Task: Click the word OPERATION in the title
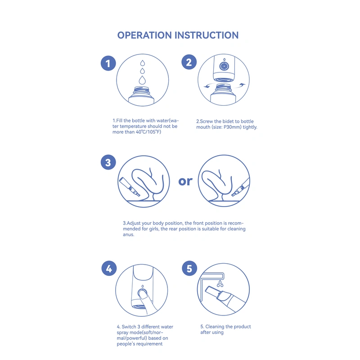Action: pos(144,35)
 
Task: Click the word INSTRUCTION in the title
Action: pos(207,35)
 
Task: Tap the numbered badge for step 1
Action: pos(108,63)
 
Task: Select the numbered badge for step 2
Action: pos(189,62)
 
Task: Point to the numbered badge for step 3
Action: pos(108,162)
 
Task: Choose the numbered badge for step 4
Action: pos(109,268)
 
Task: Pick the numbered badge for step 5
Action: pos(189,268)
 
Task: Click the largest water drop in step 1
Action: pos(142,81)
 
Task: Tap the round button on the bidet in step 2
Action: pos(224,66)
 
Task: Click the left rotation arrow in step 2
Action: pos(208,86)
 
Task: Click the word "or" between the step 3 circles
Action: pos(185,181)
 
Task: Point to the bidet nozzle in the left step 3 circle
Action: pos(129,187)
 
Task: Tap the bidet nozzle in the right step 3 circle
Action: pos(240,187)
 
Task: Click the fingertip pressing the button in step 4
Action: pos(143,294)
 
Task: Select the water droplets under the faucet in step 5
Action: pos(220,284)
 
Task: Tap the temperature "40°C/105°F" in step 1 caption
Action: pos(148,132)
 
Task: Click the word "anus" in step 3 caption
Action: pos(128,234)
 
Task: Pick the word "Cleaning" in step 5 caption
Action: pos(215,327)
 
